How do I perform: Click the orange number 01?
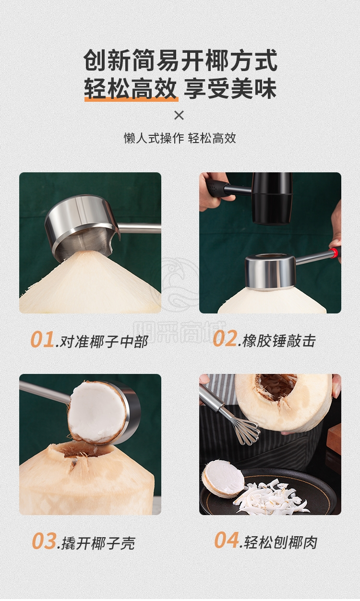[x=42, y=340]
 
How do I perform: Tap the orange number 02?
[x=225, y=339]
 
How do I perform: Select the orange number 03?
[x=44, y=541]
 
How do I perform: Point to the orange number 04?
[x=227, y=540]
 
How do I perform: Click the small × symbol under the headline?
[x=179, y=115]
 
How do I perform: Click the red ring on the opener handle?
[x=334, y=252]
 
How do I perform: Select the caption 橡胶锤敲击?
[x=279, y=341]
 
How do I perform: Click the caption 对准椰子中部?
[x=104, y=342]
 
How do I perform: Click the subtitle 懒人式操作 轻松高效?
[x=180, y=138]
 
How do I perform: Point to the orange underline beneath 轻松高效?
[x=131, y=99]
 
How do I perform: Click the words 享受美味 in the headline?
[x=230, y=88]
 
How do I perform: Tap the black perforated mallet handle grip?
[x=215, y=187]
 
